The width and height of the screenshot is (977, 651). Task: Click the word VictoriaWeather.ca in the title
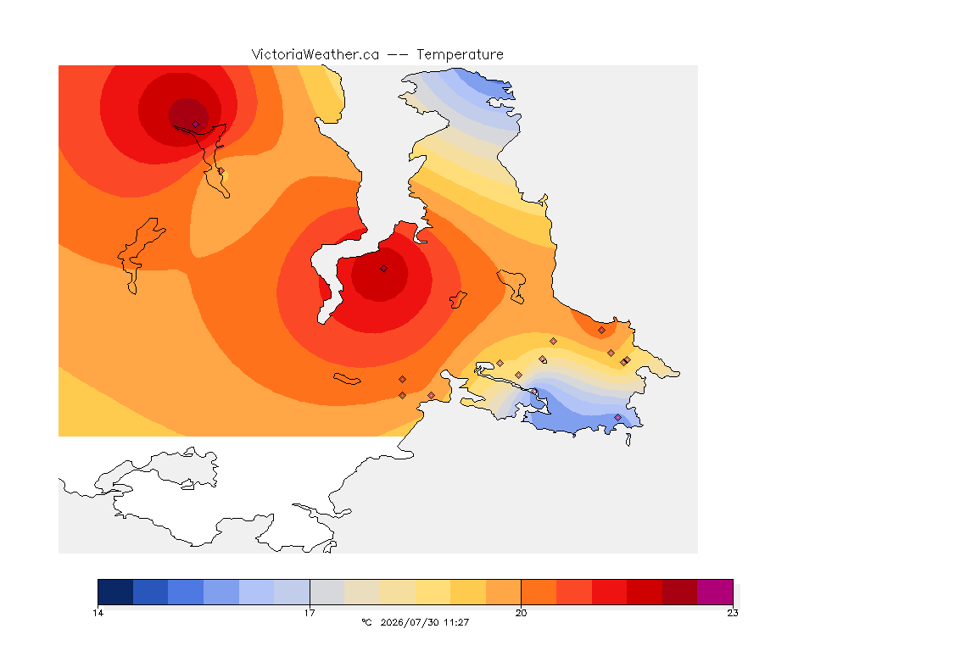[x=315, y=55]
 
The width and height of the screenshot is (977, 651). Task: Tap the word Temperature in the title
[x=460, y=55]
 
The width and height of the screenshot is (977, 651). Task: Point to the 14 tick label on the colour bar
[x=98, y=613]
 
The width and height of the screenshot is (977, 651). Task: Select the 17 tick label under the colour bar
[x=310, y=613]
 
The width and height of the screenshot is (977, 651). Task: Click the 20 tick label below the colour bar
[x=521, y=613]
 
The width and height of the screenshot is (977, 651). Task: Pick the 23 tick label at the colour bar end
[x=733, y=613]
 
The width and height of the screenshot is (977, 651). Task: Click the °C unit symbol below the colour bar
[x=366, y=622]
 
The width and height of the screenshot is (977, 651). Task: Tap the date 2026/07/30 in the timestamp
[x=410, y=622]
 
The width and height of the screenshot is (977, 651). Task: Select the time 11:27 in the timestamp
[x=456, y=622]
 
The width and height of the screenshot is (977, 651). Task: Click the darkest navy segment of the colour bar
[x=115, y=592]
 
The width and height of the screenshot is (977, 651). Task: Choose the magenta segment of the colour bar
[x=715, y=592]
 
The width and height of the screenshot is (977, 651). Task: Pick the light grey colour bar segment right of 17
[x=327, y=592]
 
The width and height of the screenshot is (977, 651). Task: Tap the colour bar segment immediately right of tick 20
[x=539, y=592]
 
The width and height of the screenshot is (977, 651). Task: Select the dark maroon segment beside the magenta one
[x=680, y=592]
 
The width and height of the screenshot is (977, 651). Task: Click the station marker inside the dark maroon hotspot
[x=196, y=124]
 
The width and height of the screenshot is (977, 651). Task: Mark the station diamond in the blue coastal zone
[x=617, y=417]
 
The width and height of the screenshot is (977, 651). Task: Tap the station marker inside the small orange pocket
[x=601, y=331]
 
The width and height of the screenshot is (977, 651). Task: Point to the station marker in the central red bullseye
[x=384, y=269]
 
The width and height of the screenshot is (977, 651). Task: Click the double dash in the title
[x=398, y=55]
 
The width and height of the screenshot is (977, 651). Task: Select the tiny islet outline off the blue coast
[x=628, y=440]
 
